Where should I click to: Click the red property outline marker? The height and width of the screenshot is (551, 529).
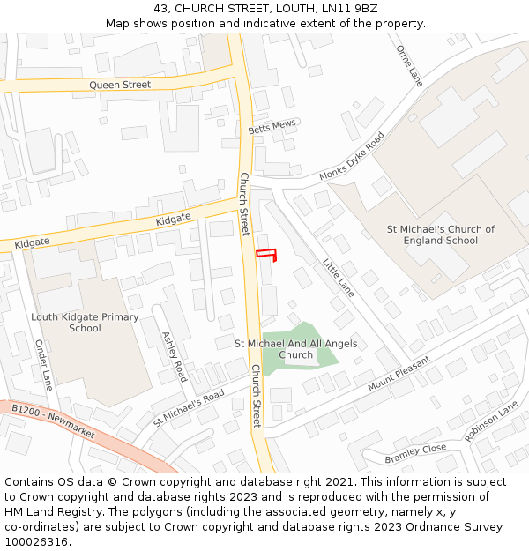(266, 256)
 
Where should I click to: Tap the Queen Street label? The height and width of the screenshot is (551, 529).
(120, 85)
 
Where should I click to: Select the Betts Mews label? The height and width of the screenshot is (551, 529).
(272, 127)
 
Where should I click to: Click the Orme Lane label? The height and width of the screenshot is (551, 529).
(409, 66)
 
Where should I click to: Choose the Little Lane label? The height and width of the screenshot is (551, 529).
(338, 278)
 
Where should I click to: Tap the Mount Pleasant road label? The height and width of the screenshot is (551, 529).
(399, 373)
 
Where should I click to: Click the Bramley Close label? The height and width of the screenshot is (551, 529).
(415, 454)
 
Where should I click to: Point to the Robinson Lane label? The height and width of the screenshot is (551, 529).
(492, 421)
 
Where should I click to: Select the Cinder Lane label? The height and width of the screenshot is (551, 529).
(43, 365)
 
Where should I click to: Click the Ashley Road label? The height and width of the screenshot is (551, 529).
(174, 357)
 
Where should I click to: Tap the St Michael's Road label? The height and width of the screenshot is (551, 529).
(189, 406)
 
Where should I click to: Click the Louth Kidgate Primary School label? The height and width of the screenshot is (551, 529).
(85, 323)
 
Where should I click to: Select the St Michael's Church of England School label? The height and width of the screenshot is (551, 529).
(441, 235)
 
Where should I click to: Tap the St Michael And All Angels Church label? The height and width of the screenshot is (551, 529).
(295, 349)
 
